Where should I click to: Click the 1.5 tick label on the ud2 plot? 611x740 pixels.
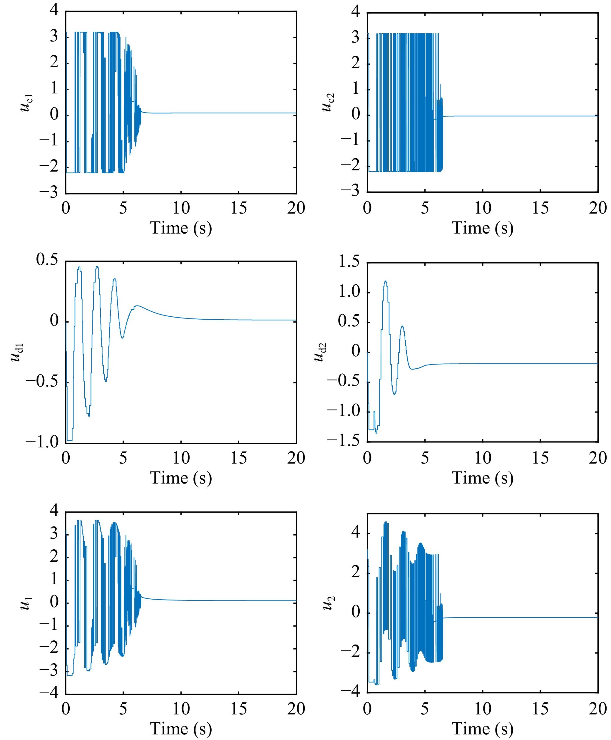(349, 262)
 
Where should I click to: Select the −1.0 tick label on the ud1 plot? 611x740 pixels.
(41, 442)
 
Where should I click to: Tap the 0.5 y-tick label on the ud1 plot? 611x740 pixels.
(47, 260)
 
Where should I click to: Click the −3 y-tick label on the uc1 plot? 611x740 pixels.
(48, 192)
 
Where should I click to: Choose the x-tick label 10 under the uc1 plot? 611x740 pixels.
(181, 208)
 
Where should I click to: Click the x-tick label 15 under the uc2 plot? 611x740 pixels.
(540, 208)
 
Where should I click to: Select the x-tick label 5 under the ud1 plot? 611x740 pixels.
(123, 458)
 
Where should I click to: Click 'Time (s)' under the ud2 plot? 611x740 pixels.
(482, 478)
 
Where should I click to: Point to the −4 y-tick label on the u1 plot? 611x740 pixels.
(48, 693)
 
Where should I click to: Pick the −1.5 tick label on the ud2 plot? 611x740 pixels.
(344, 441)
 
